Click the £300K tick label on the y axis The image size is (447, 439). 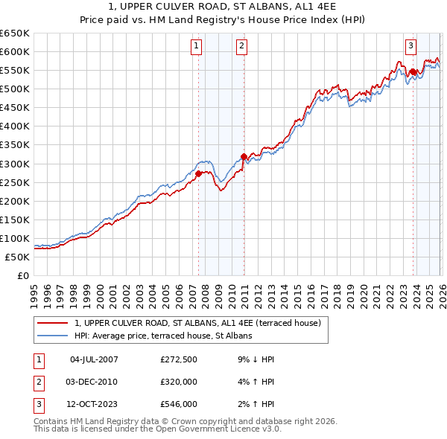coord(15,164)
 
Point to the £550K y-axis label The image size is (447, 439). coord(15,71)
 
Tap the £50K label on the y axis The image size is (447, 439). coord(18,257)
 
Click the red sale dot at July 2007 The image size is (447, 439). coord(198,173)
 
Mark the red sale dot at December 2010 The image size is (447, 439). coord(244,156)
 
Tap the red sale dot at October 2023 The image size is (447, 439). coord(412,71)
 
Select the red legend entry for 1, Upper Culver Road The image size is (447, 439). coord(197,323)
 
